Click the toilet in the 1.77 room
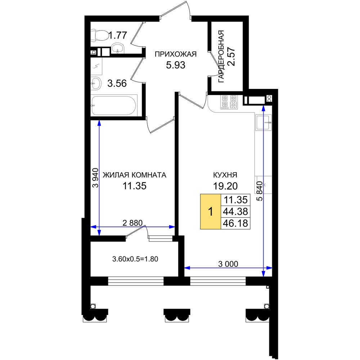(99, 35)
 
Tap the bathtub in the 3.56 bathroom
(114, 105)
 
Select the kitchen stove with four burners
(229, 102)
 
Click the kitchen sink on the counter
(264, 122)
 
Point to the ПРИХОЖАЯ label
(176, 54)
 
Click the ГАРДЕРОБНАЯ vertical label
(221, 56)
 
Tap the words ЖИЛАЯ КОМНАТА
(134, 175)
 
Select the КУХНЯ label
(225, 175)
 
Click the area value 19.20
(225, 186)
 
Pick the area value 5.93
(176, 65)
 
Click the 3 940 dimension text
(95, 178)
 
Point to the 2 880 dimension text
(132, 223)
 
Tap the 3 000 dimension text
(228, 264)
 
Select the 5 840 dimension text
(259, 191)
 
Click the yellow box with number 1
(211, 211)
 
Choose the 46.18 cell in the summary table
(235, 223)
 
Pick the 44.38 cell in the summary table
(235, 211)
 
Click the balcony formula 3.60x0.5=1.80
(135, 259)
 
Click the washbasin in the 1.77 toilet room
(118, 49)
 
